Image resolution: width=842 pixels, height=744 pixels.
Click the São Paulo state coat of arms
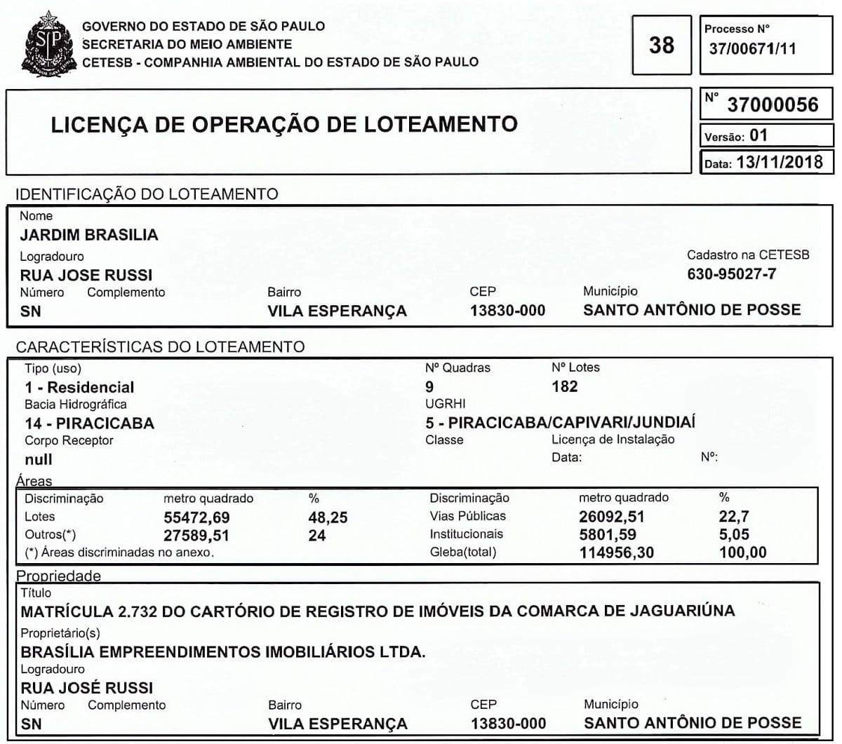pos(48,44)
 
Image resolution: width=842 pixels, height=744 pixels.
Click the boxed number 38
pos(661,46)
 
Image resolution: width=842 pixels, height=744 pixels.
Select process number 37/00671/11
pos(752,49)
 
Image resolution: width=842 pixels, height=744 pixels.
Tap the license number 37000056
pos(773,105)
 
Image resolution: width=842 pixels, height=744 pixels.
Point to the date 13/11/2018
pos(779,162)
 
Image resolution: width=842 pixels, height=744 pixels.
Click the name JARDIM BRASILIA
pos(89,235)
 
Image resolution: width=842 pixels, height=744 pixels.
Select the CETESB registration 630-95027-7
pos(732,274)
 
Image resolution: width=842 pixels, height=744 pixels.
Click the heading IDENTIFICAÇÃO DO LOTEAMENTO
pos(147,194)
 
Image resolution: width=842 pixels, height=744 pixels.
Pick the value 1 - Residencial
pos(79,387)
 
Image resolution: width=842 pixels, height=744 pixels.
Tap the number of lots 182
pos(564,386)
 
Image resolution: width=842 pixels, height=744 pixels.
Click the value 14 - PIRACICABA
pos(89,424)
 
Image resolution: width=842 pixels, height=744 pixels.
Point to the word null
pos(39,460)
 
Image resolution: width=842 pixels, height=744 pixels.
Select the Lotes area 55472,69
pos(196,518)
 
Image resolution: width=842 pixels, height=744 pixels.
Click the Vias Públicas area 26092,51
pos(612,517)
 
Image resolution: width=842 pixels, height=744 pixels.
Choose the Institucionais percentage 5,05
pos(734,534)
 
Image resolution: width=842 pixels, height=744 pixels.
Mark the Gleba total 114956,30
pos(616,553)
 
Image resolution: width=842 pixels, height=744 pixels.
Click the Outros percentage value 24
pos(317,536)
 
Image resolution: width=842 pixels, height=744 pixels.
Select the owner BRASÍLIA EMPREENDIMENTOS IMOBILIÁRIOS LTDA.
pos(223,652)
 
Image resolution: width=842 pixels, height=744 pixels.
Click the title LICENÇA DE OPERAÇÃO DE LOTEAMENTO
pos(284,125)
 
